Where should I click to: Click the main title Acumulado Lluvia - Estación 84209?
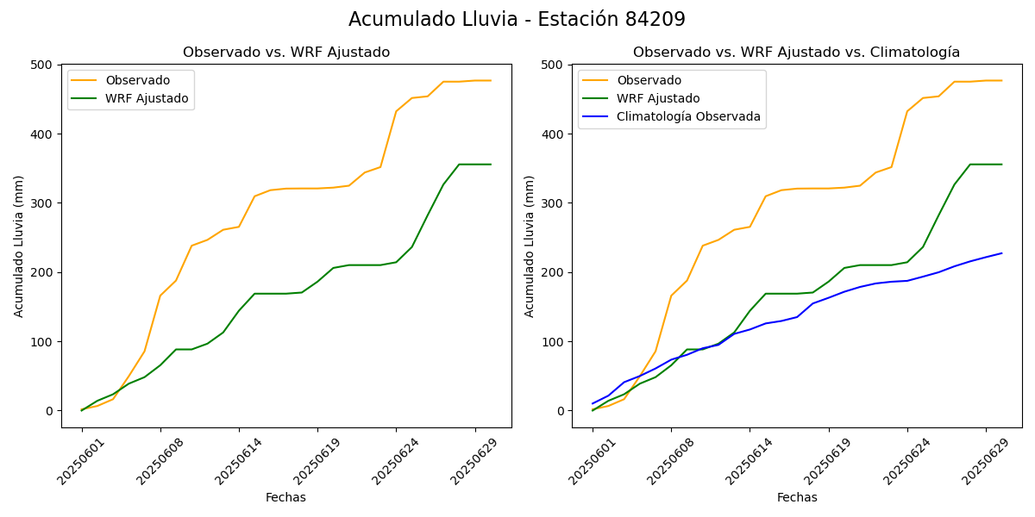(x=517, y=20)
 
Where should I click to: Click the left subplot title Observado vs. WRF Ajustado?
(x=286, y=53)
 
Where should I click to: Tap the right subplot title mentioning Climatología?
(x=796, y=53)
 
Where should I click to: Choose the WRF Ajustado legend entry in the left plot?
(x=147, y=98)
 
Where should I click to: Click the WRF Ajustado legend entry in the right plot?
(x=657, y=98)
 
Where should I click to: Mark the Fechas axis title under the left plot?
(x=285, y=497)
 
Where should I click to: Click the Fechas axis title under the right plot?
(x=797, y=497)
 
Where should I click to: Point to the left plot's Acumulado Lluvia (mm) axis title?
(x=19, y=246)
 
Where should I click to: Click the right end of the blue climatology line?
(x=1001, y=253)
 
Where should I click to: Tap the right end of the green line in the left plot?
(x=491, y=165)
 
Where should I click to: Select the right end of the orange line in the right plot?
(x=1001, y=81)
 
